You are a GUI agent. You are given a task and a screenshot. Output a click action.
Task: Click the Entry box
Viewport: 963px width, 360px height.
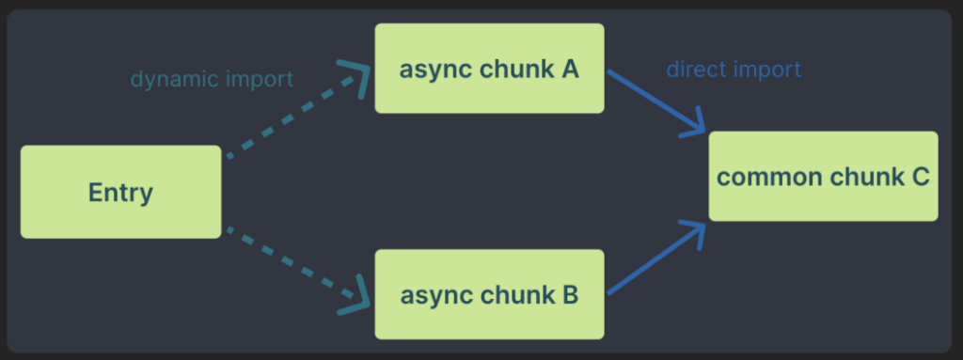[x=120, y=192]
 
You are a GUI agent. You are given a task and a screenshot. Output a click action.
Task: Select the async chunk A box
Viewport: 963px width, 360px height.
[x=489, y=69]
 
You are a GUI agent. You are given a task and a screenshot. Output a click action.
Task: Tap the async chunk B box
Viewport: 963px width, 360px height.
[x=489, y=294]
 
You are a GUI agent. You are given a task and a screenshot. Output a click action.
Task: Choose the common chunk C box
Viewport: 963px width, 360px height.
[x=823, y=177]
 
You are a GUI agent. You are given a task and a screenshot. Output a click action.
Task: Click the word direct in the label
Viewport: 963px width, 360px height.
[x=693, y=70]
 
